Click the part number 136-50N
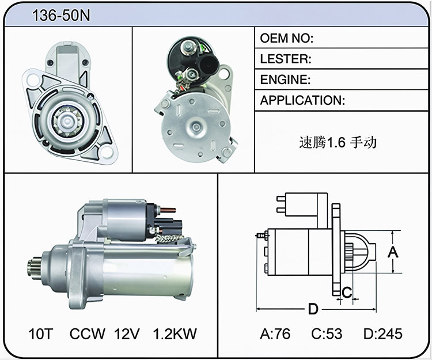pyautogui.click(x=61, y=16)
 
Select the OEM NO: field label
pyautogui.click(x=286, y=38)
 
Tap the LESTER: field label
pyautogui.click(x=286, y=59)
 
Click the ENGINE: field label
pyautogui.click(x=285, y=79)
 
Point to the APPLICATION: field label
pyautogui.click(x=302, y=100)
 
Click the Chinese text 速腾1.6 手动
pyautogui.click(x=338, y=142)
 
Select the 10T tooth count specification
pyautogui.click(x=40, y=334)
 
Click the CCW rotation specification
pyautogui.click(x=87, y=334)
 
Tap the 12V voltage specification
pyautogui.click(x=127, y=334)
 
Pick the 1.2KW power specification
pyautogui.click(x=175, y=334)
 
